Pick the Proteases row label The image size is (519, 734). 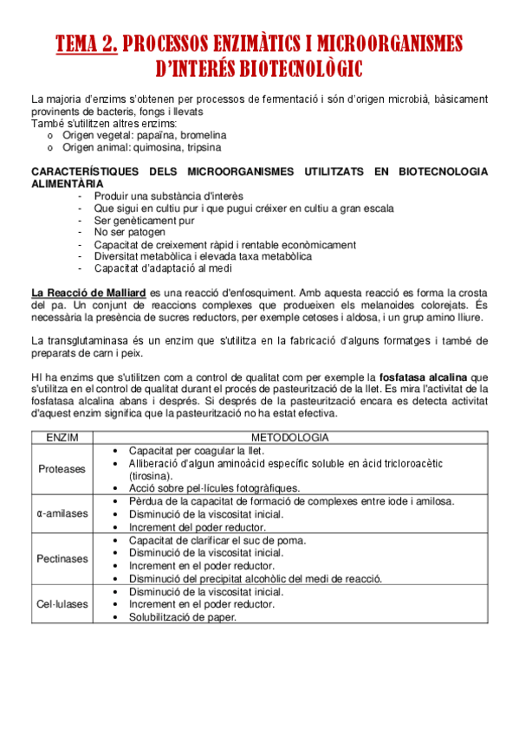pos(62,469)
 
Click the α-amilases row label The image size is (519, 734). pos(62,513)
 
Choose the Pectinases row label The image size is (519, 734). pos(62,559)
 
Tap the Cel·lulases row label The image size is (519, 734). pos(62,604)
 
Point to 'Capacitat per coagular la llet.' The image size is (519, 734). pos(197,451)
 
